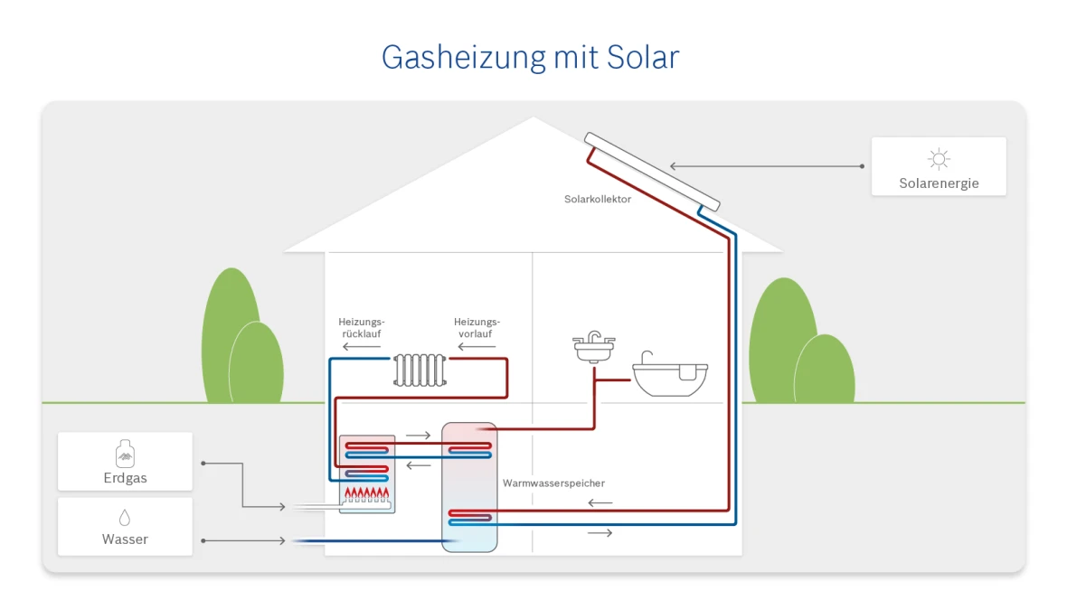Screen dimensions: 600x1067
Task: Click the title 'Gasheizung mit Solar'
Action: [530, 57]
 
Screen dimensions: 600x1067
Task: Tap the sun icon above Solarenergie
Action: [939, 159]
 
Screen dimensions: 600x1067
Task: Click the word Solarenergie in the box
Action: [939, 183]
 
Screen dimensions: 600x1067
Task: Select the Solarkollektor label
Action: [597, 199]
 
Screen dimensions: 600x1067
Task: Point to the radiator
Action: [420, 370]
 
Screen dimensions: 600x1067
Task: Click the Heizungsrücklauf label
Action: [362, 327]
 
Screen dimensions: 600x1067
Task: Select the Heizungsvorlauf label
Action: [477, 327]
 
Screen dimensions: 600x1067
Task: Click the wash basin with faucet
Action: [594, 348]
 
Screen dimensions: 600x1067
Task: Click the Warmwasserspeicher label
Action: [553, 483]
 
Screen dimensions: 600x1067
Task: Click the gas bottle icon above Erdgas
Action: [125, 455]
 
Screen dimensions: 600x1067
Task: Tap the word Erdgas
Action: [125, 477]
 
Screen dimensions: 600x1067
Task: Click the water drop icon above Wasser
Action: [125, 518]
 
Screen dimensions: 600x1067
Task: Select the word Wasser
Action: [125, 539]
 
